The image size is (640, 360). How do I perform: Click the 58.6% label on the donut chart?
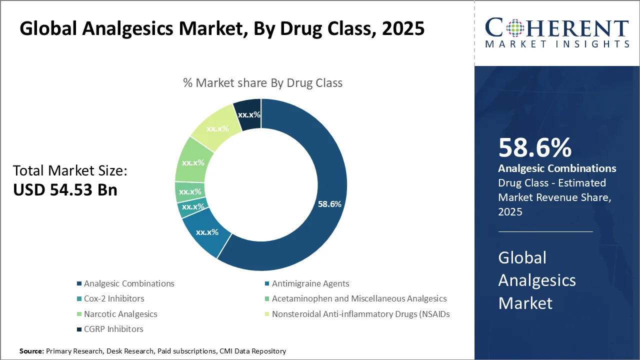[329, 204]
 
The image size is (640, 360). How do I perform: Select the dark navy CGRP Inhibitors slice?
[248, 114]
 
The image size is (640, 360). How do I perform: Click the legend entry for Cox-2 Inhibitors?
[113, 298]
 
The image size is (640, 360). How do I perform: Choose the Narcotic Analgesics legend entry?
[120, 314]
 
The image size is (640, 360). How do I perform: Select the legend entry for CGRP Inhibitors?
[113, 329]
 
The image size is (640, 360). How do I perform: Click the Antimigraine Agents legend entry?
[310, 283]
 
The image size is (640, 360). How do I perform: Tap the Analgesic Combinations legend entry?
[128, 283]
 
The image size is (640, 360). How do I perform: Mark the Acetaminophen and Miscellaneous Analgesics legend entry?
[358, 298]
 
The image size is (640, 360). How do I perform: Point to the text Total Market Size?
[70, 171]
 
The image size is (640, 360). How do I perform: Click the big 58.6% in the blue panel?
[534, 148]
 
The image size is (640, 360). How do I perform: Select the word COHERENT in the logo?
[557, 28]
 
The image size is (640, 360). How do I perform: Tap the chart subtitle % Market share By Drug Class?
[262, 83]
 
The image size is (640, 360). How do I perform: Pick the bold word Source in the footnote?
[31, 351]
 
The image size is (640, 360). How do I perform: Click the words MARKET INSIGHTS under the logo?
[557, 44]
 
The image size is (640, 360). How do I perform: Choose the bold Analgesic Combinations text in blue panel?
[557, 168]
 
